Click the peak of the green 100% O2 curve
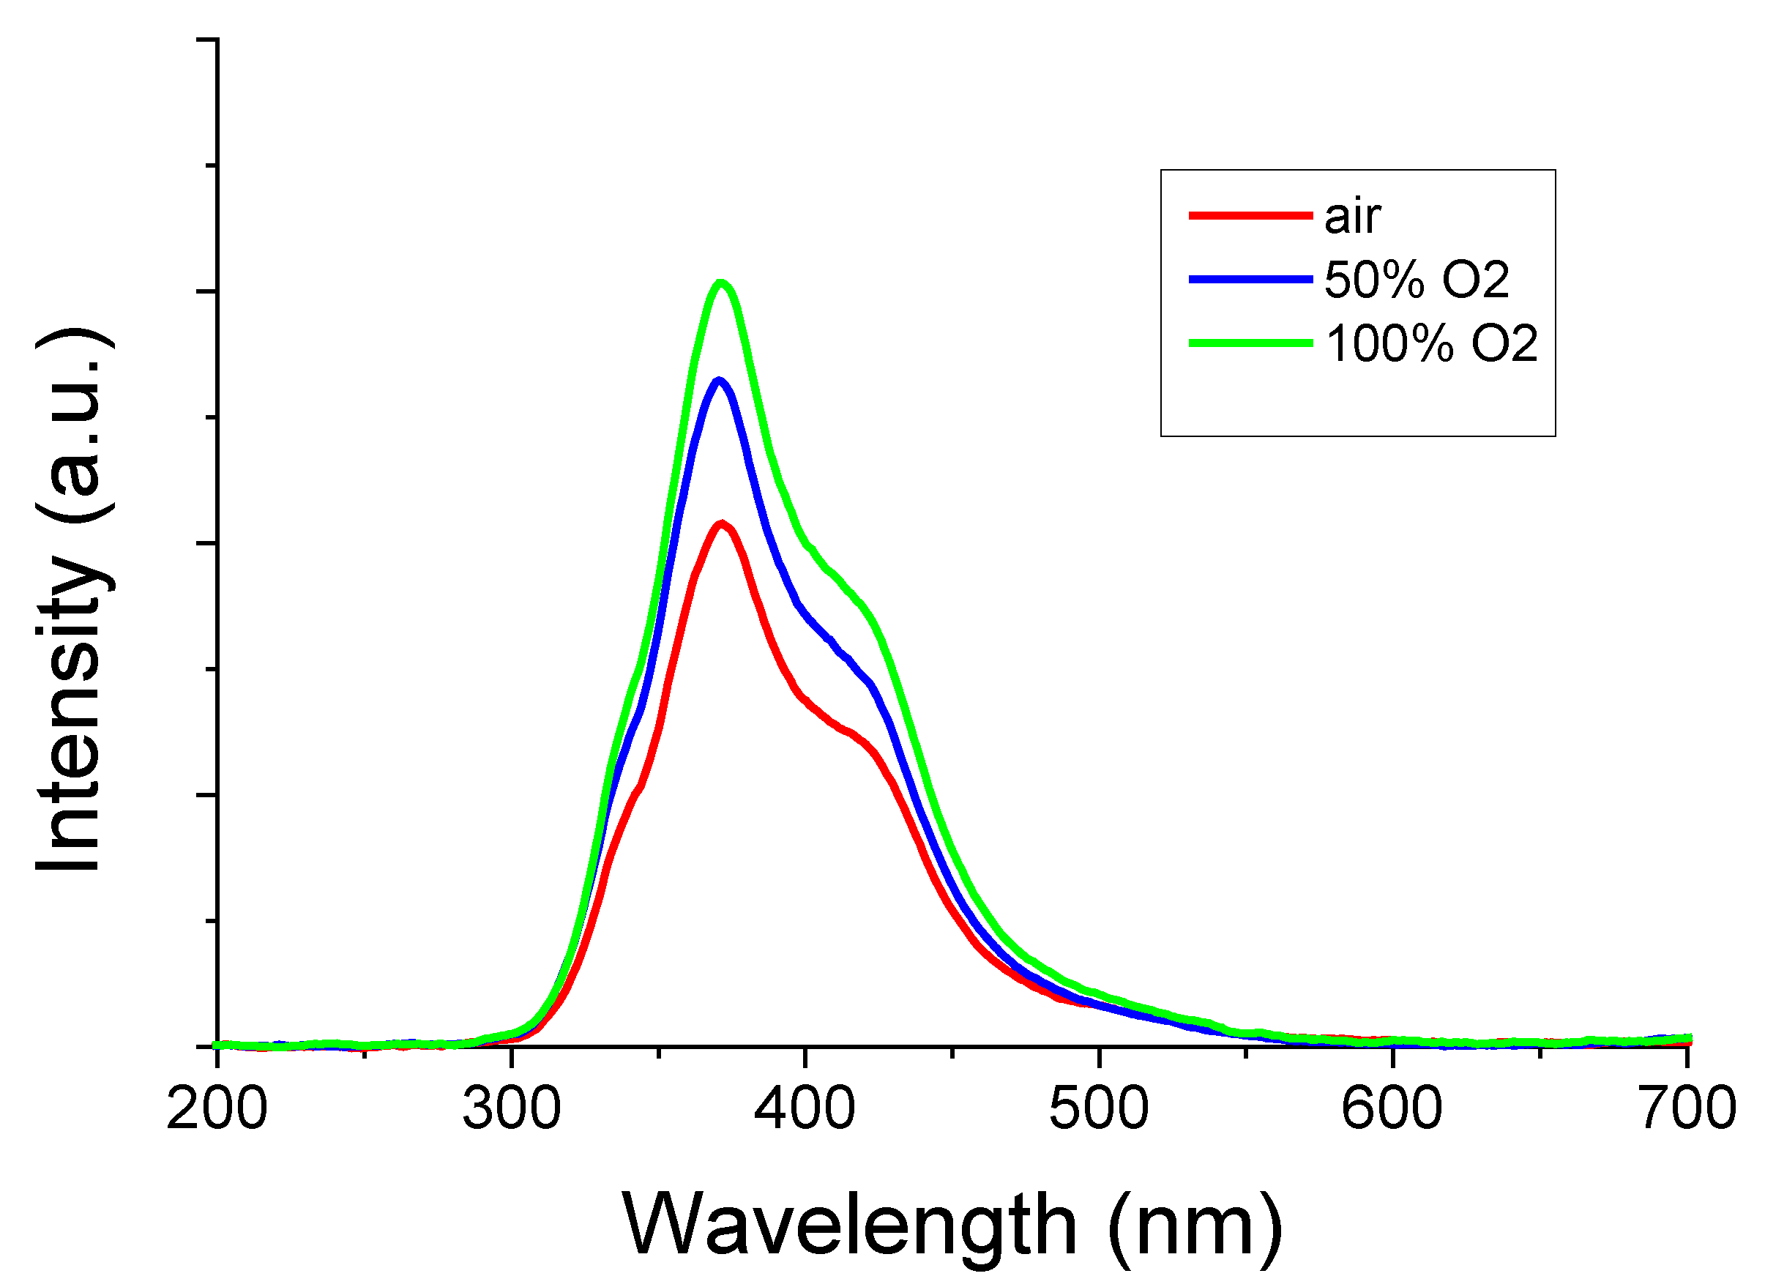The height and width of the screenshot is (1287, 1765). point(721,283)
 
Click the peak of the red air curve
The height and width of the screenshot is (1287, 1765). point(723,523)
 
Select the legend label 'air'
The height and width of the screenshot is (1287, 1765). point(1352,217)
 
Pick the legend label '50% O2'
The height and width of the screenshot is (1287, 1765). point(1416,280)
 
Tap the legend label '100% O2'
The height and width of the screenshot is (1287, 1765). point(1432,343)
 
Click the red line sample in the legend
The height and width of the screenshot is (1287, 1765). point(1250,216)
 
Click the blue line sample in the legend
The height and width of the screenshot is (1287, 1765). point(1250,279)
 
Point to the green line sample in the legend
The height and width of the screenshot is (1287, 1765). point(1250,343)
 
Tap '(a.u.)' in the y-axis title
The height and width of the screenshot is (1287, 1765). point(74,425)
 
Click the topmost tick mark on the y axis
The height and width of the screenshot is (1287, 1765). point(208,39)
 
